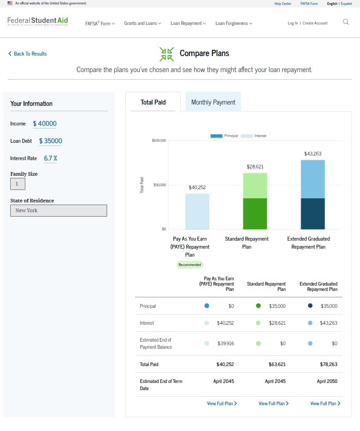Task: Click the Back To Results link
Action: point(28,54)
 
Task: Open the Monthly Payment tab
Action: point(213,102)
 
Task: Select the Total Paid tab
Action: point(153,102)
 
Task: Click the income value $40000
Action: point(44,124)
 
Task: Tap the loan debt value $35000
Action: point(50,141)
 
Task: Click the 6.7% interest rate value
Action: point(50,158)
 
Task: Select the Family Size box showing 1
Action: point(18,184)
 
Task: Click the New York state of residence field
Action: point(59,210)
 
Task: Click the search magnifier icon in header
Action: point(346,22)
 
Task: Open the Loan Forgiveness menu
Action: point(234,23)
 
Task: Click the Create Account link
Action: point(315,23)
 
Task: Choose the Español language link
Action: point(346,4)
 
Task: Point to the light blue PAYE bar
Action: point(197,211)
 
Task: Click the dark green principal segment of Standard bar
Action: point(255,213)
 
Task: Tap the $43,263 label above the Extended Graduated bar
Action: point(312,154)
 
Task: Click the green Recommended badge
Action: point(190,265)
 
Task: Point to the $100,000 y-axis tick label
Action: point(159,141)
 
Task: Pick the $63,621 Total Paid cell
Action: point(277,364)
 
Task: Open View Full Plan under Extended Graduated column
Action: point(325,403)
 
